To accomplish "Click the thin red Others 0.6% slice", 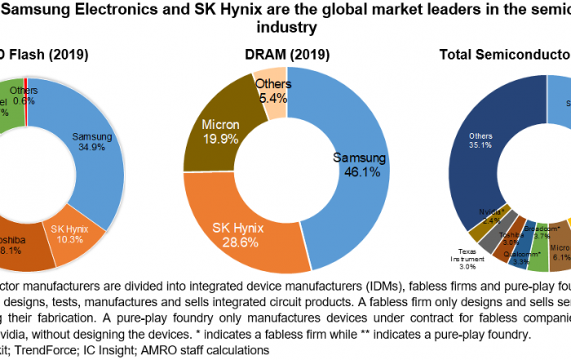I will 26,91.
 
